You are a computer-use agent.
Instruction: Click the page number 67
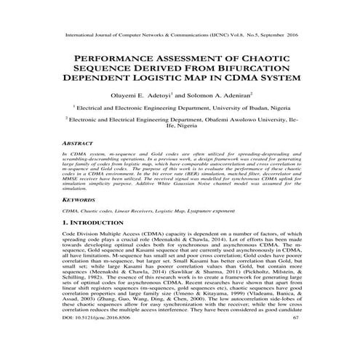[295, 337]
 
